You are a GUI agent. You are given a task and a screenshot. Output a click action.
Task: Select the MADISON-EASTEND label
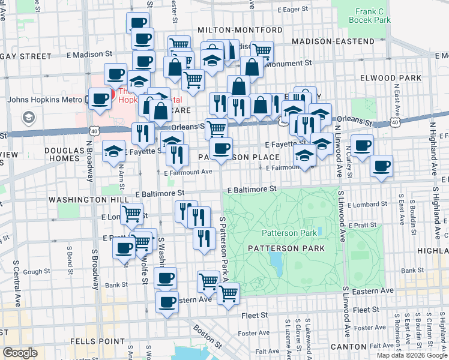coord(333,41)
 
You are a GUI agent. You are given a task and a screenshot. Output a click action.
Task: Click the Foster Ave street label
coord(254,333)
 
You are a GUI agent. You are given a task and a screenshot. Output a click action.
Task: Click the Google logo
coord(20,353)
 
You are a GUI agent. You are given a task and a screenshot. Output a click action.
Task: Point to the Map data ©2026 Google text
coord(411,355)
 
